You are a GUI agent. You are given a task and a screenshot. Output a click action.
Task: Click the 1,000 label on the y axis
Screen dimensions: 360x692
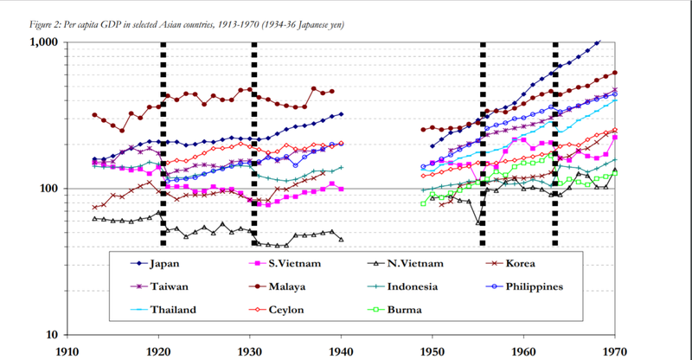click(44, 42)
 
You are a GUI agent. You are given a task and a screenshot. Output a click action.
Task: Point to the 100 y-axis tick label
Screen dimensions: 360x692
click(48, 189)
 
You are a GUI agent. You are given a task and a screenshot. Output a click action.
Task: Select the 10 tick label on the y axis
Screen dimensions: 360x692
click(51, 335)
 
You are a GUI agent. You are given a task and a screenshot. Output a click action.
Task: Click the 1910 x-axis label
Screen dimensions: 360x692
click(67, 351)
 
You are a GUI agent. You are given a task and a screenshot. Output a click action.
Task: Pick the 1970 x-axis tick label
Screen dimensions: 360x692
click(614, 351)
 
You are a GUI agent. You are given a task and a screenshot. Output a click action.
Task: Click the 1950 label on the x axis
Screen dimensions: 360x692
click(432, 351)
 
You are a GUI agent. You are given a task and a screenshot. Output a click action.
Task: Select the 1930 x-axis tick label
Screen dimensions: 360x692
click(249, 351)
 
